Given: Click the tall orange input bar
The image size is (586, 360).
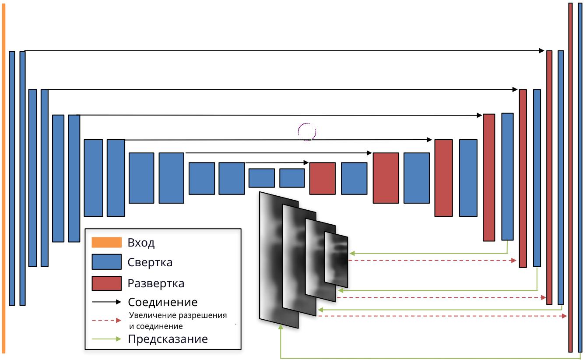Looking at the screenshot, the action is click(x=4, y=178).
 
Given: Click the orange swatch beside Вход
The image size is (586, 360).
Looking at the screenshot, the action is click(x=106, y=243).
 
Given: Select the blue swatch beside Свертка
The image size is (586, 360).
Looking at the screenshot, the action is click(x=106, y=262).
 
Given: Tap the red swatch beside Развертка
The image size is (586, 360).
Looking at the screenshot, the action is click(x=106, y=283).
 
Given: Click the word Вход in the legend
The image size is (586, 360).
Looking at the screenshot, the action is click(x=141, y=243).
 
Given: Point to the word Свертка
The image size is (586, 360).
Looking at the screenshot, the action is click(x=150, y=262).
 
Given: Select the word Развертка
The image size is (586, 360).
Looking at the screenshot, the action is click(x=156, y=283).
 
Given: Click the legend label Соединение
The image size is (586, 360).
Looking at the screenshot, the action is click(x=163, y=302).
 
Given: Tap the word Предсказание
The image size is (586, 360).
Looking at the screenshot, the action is click(x=168, y=339).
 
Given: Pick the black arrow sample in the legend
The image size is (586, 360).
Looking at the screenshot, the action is click(x=106, y=302).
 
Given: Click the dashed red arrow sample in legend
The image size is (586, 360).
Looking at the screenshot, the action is click(x=106, y=320).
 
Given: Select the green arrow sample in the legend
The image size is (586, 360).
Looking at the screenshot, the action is click(x=106, y=339).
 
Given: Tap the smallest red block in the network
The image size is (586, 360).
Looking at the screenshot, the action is click(x=322, y=178).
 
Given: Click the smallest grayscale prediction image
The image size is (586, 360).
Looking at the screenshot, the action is click(x=337, y=260).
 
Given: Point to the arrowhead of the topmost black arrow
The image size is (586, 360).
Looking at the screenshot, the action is click(x=542, y=50).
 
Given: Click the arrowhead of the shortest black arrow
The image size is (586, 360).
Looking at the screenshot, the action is click(x=306, y=162).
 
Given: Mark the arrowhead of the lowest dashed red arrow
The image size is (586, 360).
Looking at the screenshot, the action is click(x=564, y=316).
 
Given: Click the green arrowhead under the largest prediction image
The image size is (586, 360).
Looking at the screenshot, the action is click(x=281, y=327).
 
